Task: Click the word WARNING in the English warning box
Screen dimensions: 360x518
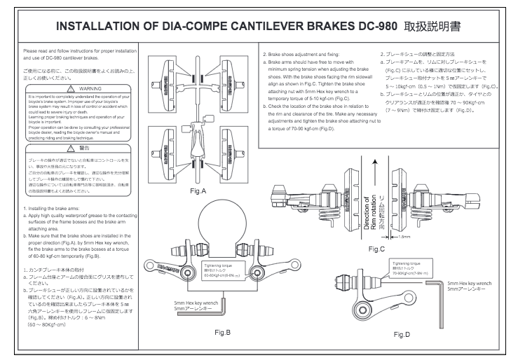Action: coord(75,89)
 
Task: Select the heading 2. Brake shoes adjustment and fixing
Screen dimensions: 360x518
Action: coord(304,54)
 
